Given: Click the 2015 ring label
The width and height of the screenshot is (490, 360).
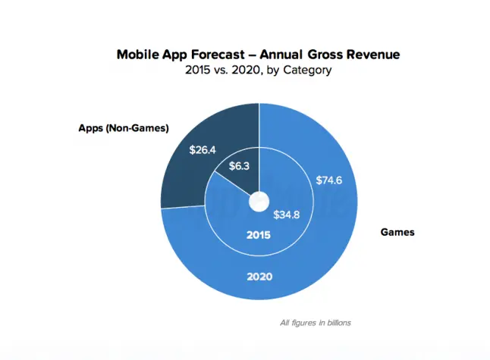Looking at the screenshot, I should click(x=259, y=236).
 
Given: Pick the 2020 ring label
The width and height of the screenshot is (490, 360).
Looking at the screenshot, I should click(x=259, y=277).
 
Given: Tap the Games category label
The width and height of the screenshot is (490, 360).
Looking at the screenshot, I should click(x=397, y=232).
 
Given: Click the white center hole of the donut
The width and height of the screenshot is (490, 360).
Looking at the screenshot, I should click(x=259, y=202).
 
